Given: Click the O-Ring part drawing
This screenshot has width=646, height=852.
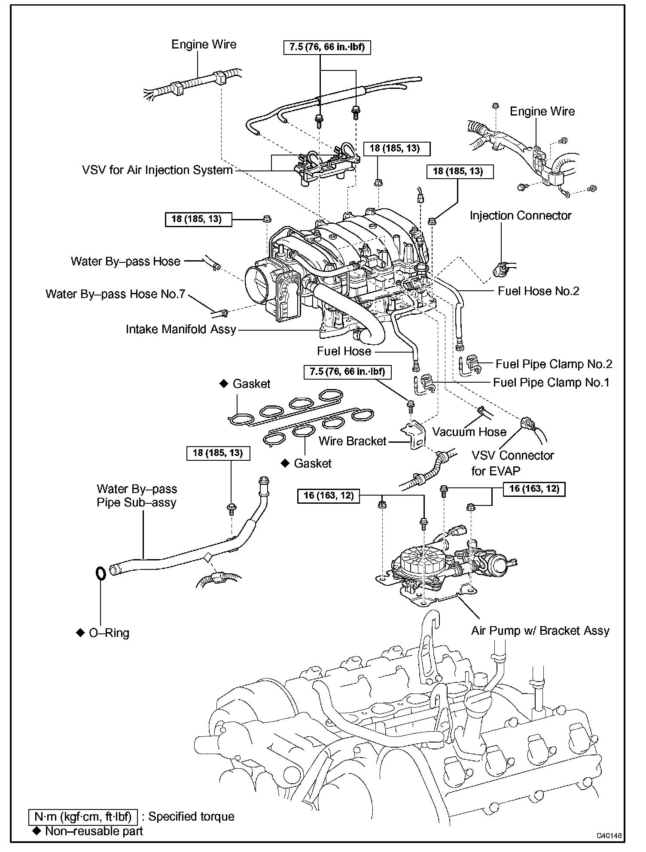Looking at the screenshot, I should (x=100, y=573).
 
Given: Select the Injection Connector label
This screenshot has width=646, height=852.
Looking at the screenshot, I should (x=520, y=216).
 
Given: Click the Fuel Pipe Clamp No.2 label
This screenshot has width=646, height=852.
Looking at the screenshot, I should (x=554, y=364).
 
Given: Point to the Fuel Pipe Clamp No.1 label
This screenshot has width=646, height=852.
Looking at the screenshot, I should (x=551, y=382).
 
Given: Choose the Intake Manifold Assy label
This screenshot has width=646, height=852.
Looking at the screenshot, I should (x=181, y=329).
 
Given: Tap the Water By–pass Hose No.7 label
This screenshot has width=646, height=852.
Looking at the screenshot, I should (x=115, y=294).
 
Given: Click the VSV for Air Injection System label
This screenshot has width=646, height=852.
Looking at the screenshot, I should (x=157, y=170).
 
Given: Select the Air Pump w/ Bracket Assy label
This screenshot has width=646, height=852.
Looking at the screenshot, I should (x=540, y=631).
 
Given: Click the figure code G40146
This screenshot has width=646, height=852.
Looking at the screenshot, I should (x=609, y=836).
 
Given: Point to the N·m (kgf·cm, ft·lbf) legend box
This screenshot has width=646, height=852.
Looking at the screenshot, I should (x=83, y=816).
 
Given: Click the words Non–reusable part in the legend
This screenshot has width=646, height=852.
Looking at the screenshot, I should (x=94, y=831).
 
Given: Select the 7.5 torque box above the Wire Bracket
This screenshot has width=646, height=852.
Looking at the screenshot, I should (x=347, y=371).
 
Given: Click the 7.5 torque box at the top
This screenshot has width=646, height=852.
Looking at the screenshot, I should (x=327, y=47).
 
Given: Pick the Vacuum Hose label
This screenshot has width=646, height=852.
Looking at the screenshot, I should (x=469, y=432).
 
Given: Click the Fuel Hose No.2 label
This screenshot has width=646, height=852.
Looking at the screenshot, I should (x=538, y=291).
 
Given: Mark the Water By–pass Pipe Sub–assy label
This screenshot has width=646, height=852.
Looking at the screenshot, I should (x=137, y=496).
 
